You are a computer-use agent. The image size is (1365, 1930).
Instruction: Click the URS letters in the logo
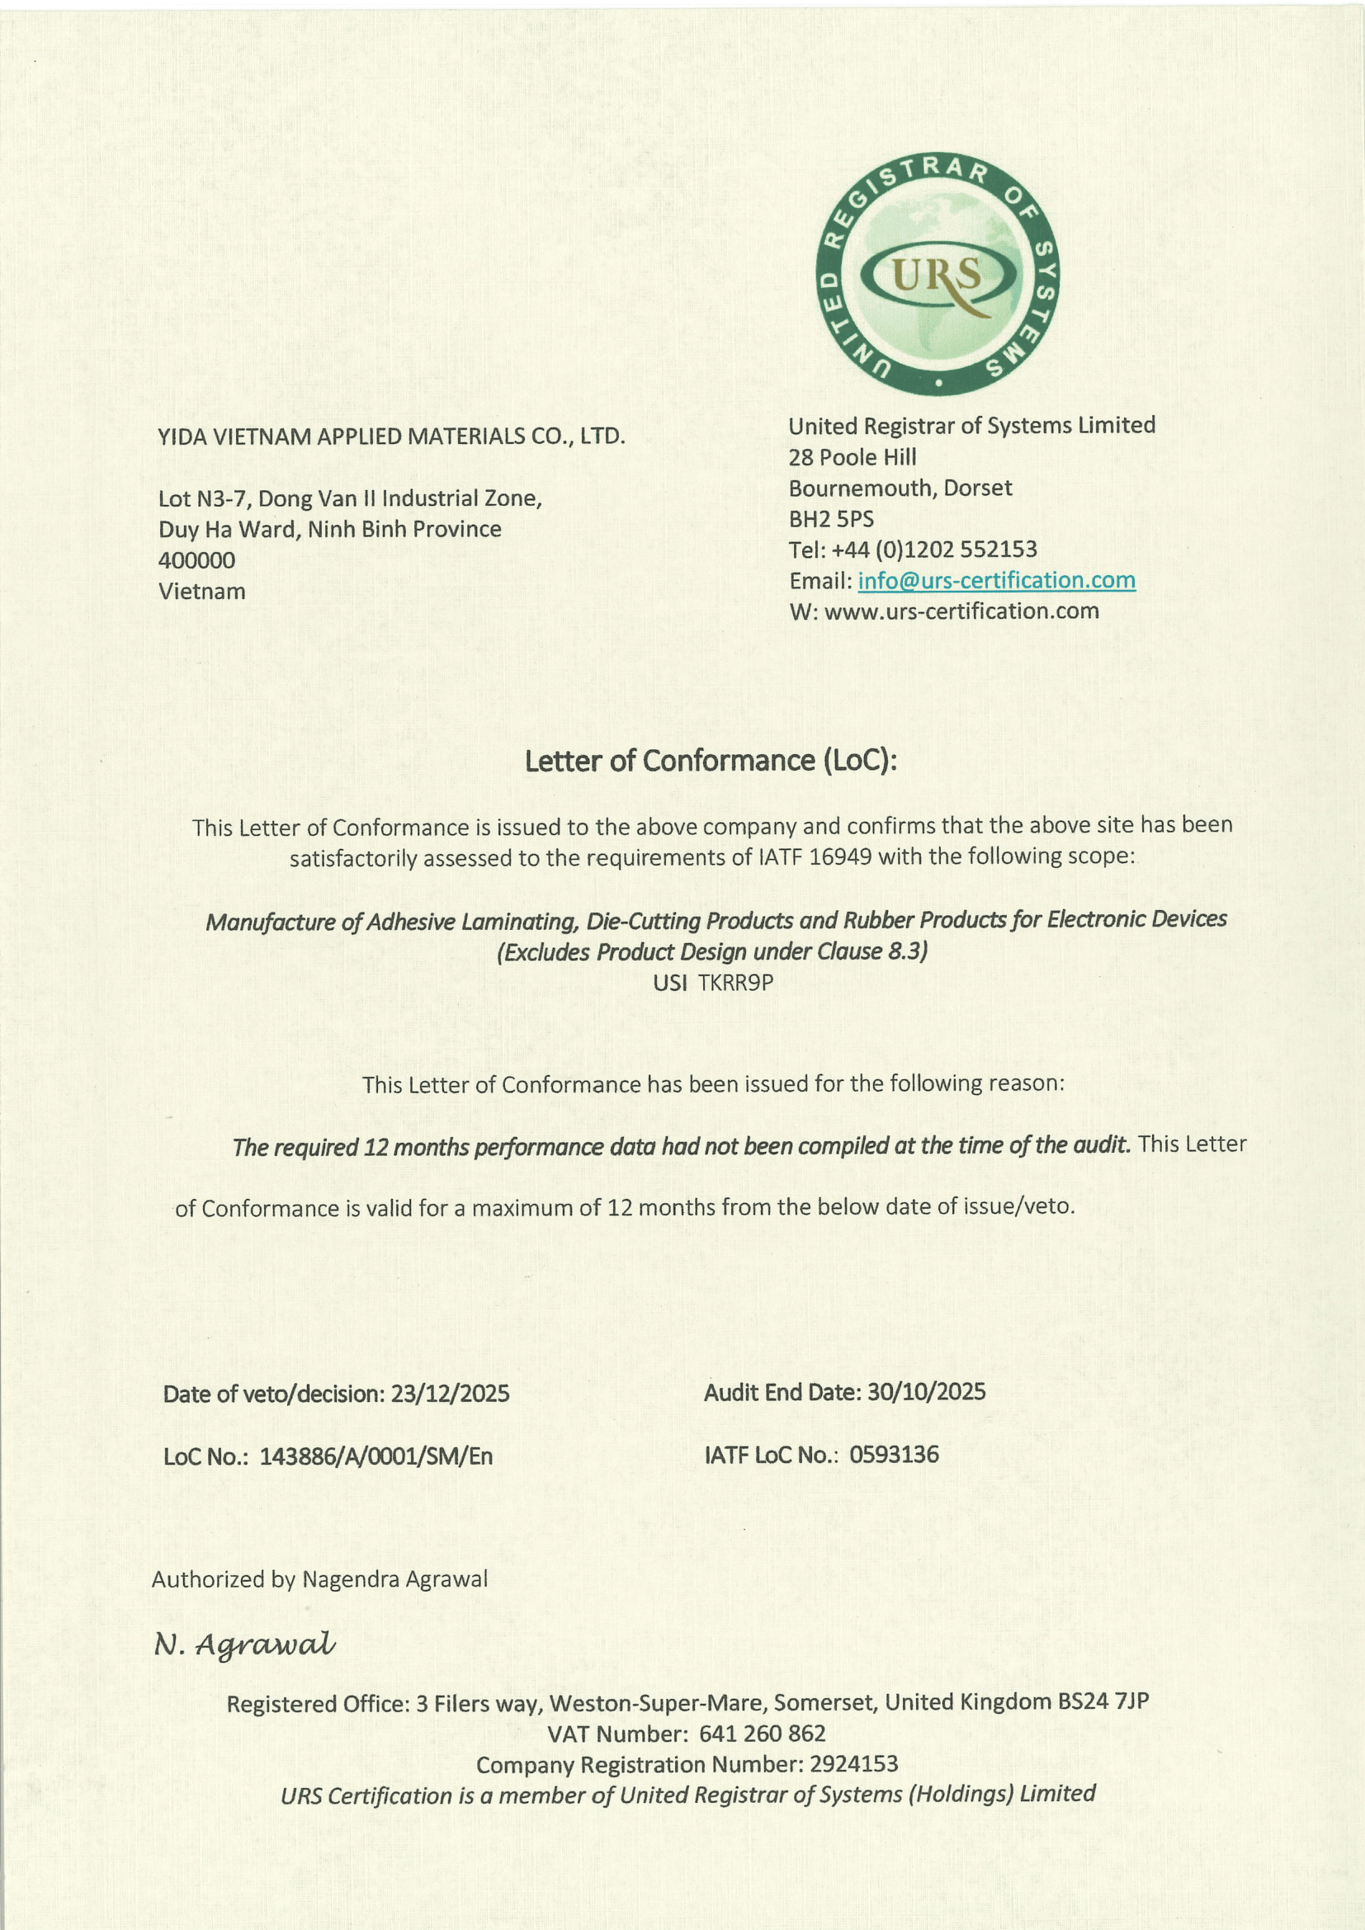(938, 275)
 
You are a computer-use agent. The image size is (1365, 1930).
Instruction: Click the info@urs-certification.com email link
(996, 580)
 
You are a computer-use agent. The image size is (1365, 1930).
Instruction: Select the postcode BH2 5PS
(831, 519)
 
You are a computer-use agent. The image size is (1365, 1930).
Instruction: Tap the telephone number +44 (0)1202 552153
(934, 550)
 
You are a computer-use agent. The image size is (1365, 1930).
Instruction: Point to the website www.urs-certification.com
(961, 611)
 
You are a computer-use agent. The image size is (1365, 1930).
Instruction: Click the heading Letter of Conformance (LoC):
(711, 761)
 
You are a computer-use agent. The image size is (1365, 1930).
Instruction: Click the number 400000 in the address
(196, 559)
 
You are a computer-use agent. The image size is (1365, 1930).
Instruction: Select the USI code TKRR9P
(735, 983)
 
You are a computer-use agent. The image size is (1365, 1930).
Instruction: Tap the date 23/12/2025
(450, 1394)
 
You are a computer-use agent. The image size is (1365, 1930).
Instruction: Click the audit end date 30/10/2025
(926, 1392)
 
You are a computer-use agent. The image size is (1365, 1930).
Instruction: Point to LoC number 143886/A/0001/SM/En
(375, 1456)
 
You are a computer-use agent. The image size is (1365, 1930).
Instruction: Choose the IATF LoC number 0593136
(894, 1455)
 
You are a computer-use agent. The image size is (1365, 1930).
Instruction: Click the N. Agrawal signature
(244, 1644)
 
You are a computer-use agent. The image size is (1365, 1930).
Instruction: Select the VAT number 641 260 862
(762, 1734)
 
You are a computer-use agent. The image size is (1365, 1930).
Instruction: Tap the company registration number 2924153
(854, 1763)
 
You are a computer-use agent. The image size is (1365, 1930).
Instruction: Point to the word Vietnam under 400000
(201, 591)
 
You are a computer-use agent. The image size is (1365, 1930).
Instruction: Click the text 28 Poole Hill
(853, 457)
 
